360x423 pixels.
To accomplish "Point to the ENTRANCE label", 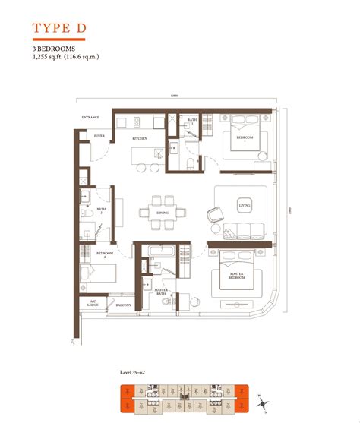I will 91,118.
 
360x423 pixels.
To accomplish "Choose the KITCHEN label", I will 140,139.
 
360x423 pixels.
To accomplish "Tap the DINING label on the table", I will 163,213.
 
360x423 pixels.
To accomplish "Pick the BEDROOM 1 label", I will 244,140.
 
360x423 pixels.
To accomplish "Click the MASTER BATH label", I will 160,291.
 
